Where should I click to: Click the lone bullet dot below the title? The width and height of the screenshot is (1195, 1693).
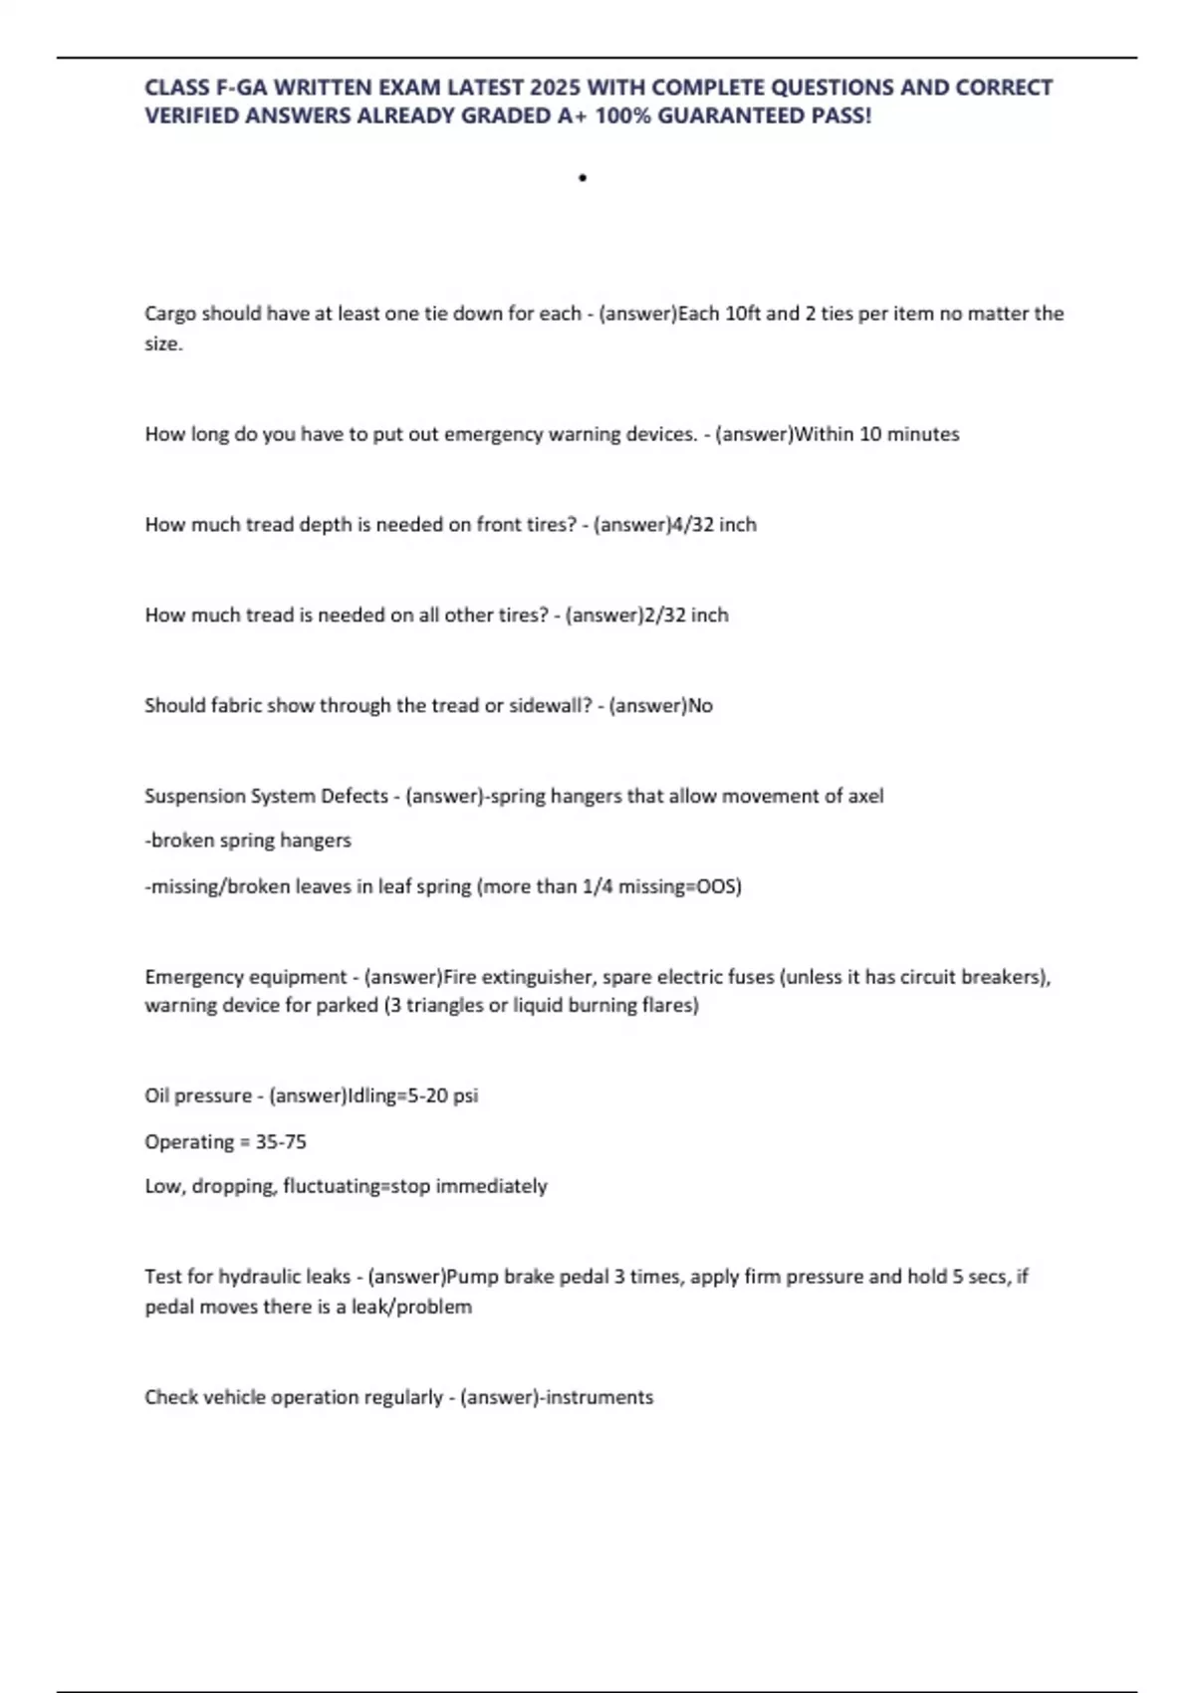click(583, 178)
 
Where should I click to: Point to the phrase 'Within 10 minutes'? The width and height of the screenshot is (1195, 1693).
click(877, 434)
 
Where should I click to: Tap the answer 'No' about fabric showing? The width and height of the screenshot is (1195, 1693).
click(700, 706)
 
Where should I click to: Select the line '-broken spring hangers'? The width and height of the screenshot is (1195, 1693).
click(248, 841)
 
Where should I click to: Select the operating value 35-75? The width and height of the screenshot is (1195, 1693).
click(281, 1141)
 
